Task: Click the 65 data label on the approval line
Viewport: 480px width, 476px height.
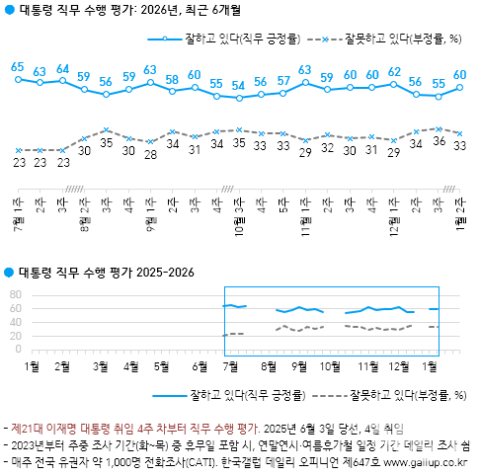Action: tap(17, 67)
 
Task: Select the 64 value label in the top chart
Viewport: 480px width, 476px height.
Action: tap(62, 69)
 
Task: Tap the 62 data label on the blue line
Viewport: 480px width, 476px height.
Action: tap(394, 72)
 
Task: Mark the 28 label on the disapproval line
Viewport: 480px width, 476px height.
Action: tap(150, 155)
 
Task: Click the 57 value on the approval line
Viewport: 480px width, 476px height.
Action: tap(283, 80)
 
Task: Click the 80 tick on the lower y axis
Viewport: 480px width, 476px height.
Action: tap(15, 294)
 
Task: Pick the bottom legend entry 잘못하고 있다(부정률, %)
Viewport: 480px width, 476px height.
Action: tap(405, 396)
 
